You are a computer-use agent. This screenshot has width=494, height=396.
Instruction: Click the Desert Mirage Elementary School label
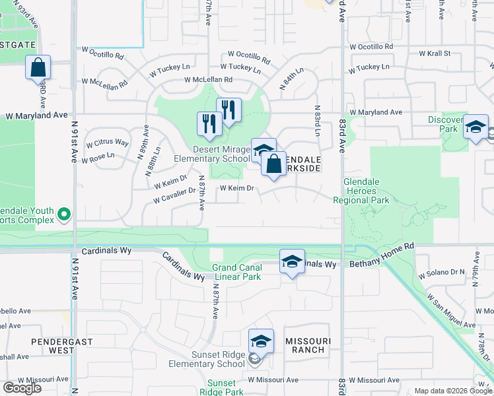coord(211,154)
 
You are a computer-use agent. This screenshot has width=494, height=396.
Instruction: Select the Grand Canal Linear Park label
coord(236,272)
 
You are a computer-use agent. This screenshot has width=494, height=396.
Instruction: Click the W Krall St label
coord(435,53)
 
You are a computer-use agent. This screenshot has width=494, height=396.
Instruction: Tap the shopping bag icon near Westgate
coord(38,67)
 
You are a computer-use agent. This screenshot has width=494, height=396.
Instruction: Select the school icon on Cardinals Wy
coord(292,261)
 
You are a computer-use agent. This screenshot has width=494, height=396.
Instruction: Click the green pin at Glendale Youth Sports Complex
coord(64,213)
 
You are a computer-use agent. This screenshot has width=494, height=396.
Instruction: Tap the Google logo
coord(22,387)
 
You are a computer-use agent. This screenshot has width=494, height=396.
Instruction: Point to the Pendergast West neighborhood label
coord(53,345)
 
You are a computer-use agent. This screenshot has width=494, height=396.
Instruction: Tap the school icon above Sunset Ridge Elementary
coord(262,341)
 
